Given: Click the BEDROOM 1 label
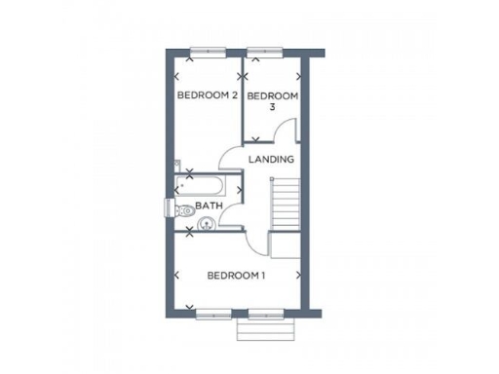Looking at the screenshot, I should [236, 276].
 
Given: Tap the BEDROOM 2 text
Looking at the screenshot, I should [207, 95].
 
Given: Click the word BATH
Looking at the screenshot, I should [210, 206].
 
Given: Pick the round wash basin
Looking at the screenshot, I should [205, 225].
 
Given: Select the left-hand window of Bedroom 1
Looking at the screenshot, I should [213, 314].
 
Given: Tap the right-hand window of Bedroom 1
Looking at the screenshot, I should [264, 314].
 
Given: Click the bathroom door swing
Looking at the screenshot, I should [230, 217].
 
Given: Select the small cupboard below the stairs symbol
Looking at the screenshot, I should [283, 245].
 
